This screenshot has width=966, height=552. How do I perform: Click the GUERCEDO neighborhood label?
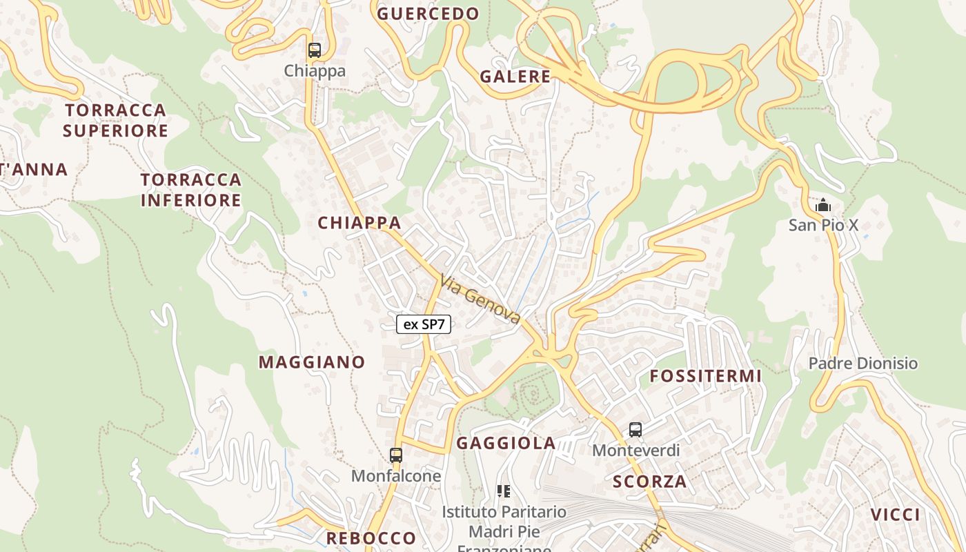point(428,14)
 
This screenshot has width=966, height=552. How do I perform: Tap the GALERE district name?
point(515,77)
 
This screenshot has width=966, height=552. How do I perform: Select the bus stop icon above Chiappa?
point(315,50)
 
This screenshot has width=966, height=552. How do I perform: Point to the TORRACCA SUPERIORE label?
point(116,120)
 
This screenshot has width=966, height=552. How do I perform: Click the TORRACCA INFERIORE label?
point(191,190)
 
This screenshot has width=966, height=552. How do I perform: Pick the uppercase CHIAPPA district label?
point(359,223)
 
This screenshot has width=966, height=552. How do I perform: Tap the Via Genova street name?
point(480,299)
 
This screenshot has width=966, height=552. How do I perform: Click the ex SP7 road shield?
point(424,324)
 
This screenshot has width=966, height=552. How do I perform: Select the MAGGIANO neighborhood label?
point(312,362)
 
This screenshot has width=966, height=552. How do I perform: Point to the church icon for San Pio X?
point(822,206)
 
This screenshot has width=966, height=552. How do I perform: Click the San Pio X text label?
point(823,225)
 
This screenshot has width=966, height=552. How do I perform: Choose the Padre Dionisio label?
point(863,364)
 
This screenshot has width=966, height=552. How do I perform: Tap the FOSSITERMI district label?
point(706,376)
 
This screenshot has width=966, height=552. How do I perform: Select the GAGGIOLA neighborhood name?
point(506,443)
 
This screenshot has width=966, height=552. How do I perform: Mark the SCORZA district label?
point(650,482)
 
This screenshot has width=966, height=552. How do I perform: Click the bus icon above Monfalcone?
point(395,455)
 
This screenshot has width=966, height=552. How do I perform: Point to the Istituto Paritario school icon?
point(504,491)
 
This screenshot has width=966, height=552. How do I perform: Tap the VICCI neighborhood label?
point(895,515)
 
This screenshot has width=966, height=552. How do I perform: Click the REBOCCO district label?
point(371,538)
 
